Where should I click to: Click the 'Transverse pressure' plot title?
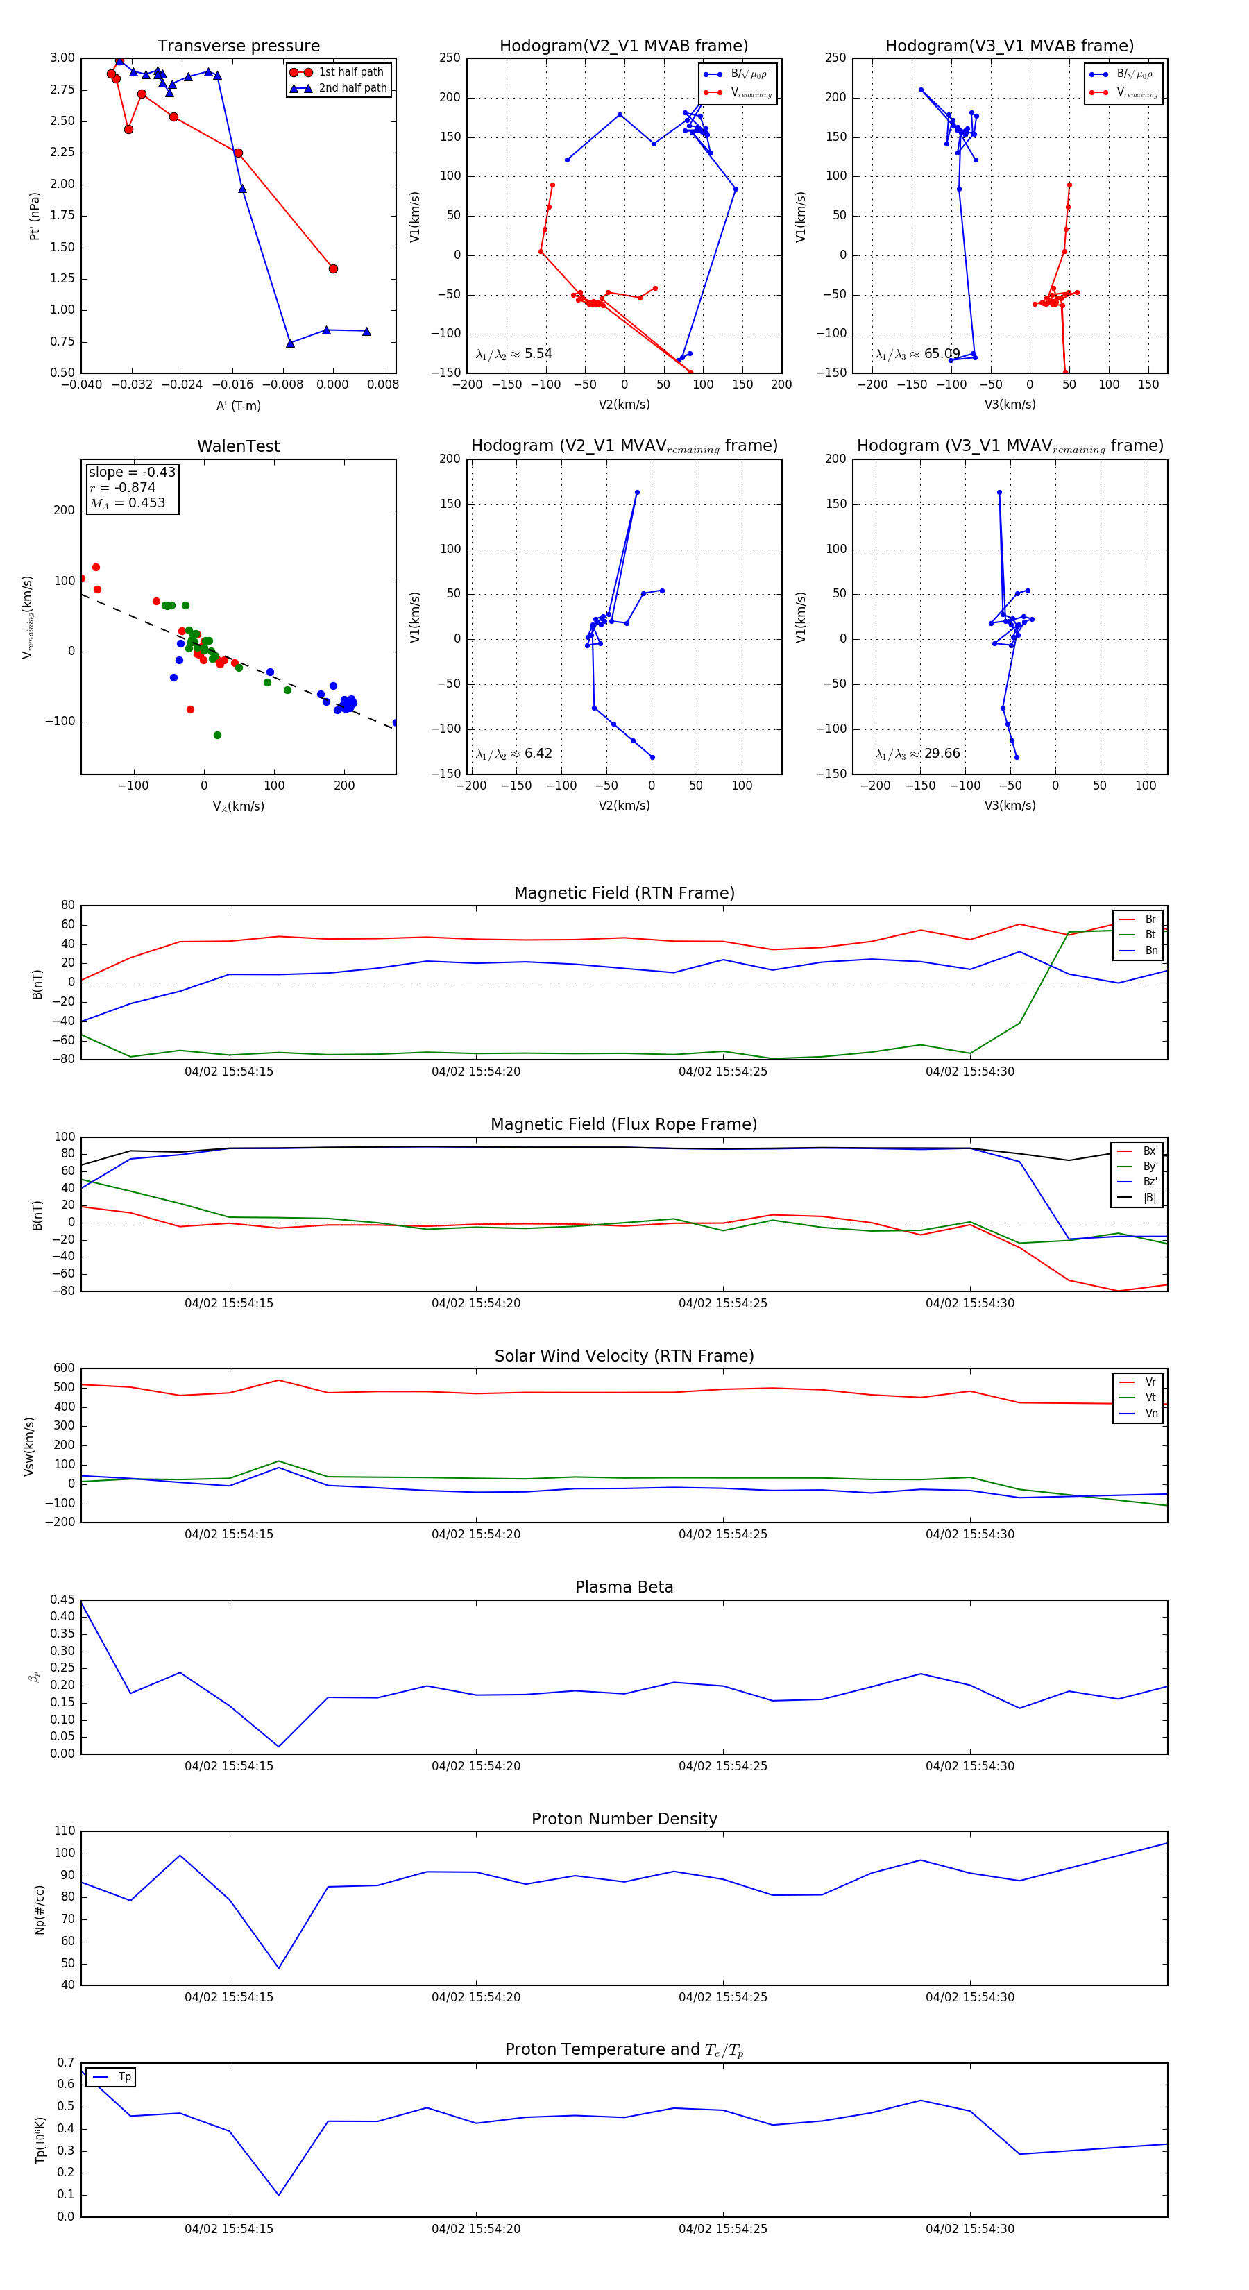pyautogui.click(x=238, y=46)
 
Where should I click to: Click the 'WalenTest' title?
pyautogui.click(x=238, y=446)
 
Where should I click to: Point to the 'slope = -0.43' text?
pyautogui.click(x=132, y=472)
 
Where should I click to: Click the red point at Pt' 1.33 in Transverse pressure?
pyautogui.click(x=333, y=269)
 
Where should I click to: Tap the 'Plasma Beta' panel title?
pyautogui.click(x=624, y=1587)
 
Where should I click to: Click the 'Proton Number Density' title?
pyautogui.click(x=624, y=1819)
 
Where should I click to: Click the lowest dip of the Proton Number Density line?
pyautogui.click(x=279, y=1967)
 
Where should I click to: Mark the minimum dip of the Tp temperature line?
pyautogui.click(x=279, y=2195)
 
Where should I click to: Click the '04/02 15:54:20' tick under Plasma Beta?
pyautogui.click(x=475, y=1765)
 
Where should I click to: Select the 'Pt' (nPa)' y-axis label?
pyautogui.click(x=35, y=216)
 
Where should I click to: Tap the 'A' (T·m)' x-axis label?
pyautogui.click(x=238, y=405)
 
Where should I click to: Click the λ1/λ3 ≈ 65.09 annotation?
pyautogui.click(x=917, y=354)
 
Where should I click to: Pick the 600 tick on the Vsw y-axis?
pyautogui.click(x=64, y=1368)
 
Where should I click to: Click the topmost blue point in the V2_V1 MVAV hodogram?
pyautogui.click(x=636, y=493)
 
